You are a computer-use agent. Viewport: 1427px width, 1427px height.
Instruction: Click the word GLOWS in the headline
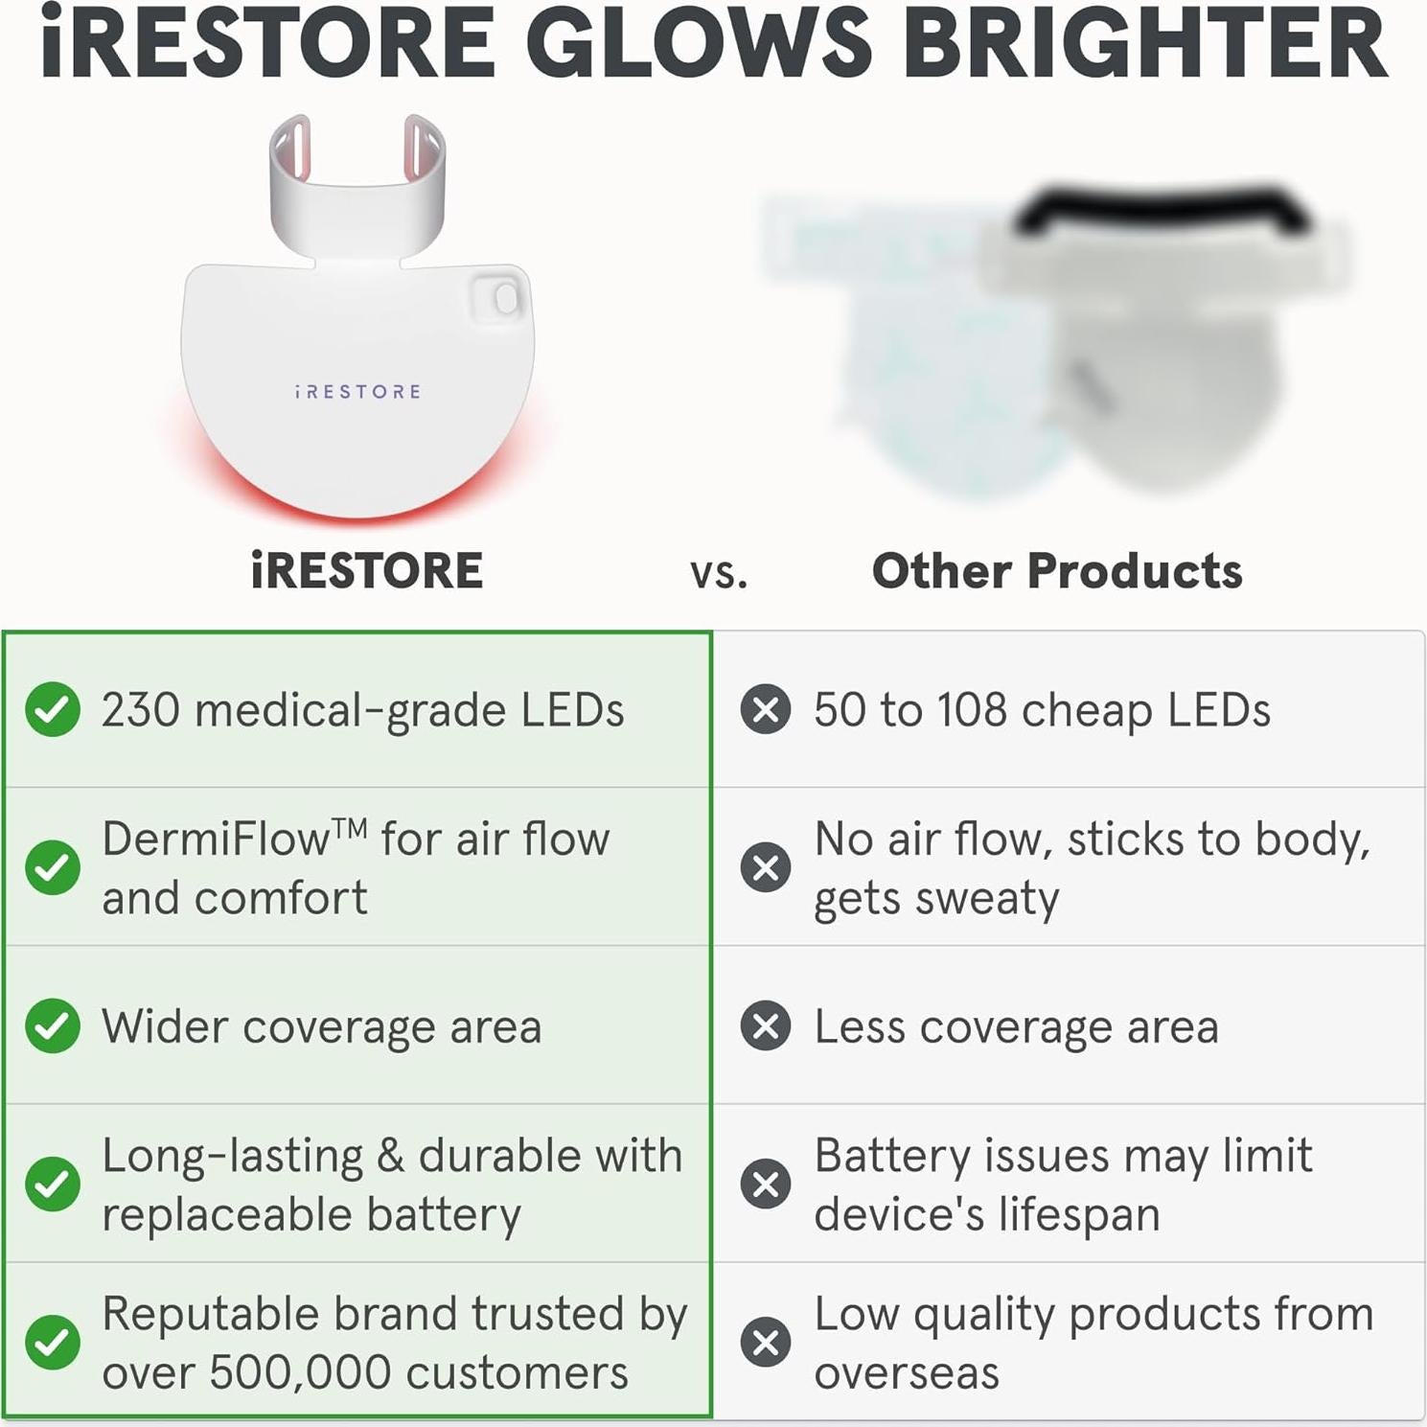(697, 43)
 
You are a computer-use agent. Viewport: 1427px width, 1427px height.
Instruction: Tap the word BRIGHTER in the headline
(1145, 43)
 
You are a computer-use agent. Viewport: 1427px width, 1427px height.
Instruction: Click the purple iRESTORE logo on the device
(357, 392)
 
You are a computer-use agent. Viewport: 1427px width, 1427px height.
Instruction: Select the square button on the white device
(498, 299)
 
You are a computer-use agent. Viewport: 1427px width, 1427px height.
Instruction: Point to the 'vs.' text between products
(719, 573)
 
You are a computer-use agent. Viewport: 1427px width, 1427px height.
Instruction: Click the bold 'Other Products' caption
(1057, 571)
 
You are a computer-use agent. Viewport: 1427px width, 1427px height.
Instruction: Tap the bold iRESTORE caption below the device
(367, 571)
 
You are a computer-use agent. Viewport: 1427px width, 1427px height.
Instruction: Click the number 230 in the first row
(141, 710)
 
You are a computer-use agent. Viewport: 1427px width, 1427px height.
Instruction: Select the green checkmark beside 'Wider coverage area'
(53, 1025)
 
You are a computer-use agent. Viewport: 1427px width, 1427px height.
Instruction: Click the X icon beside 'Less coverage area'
(766, 1025)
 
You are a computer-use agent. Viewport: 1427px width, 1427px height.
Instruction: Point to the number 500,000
(301, 1372)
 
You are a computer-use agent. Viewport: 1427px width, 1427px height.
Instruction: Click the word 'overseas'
(907, 1372)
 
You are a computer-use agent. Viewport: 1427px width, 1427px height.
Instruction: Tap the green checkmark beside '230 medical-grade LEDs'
(53, 710)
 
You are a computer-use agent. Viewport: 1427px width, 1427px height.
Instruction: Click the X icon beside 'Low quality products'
(766, 1342)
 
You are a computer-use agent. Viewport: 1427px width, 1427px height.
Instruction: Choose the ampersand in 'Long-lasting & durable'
(390, 1156)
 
